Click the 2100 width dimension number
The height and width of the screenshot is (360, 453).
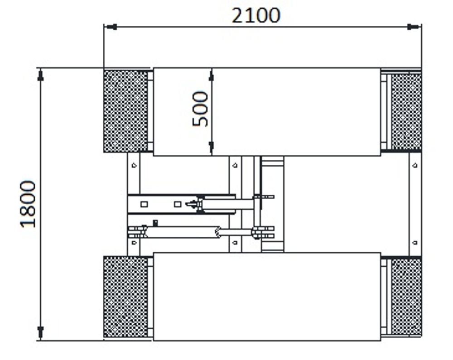coord(256,15)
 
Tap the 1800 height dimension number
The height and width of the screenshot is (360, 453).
coord(29,204)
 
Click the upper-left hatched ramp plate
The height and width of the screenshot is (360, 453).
coord(125,111)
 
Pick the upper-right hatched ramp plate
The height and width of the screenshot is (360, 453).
coord(406,111)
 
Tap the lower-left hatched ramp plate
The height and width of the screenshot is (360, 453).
coord(125,297)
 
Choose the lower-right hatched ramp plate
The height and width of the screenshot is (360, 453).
coord(406,297)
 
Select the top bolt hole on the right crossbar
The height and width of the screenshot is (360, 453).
coord(414,166)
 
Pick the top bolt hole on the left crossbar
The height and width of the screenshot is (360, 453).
coord(134,166)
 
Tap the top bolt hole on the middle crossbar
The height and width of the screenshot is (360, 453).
coord(235,166)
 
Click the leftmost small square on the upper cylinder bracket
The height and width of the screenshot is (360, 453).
coord(144,204)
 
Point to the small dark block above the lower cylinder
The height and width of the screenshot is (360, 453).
coord(155,222)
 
